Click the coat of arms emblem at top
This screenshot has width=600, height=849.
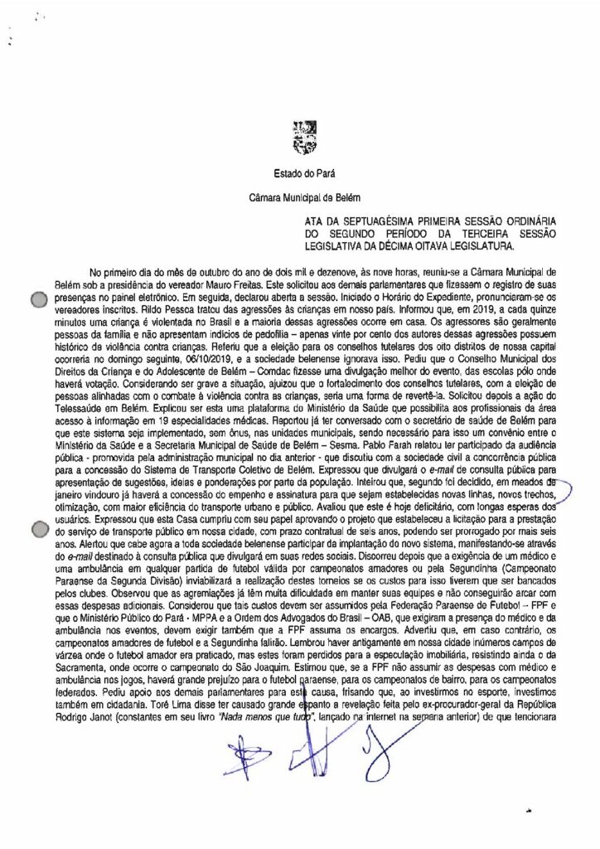(x=299, y=134)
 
